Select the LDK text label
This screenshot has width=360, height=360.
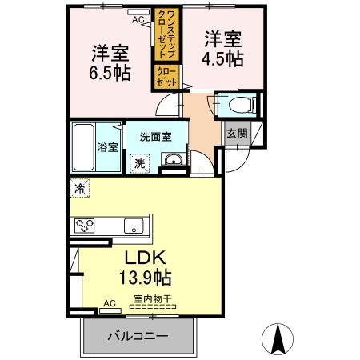coord(144,259)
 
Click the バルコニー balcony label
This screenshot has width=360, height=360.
coord(138,336)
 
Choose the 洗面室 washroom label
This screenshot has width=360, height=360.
coord(156,137)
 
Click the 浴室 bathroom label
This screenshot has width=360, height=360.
coord(108,147)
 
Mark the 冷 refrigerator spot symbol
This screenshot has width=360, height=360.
coord(80,189)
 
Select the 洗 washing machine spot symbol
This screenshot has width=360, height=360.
coord(140,162)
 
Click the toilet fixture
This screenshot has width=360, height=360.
coord(241,104)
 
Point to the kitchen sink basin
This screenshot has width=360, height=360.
coord(134,226)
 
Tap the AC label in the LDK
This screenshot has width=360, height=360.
coord(110,303)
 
